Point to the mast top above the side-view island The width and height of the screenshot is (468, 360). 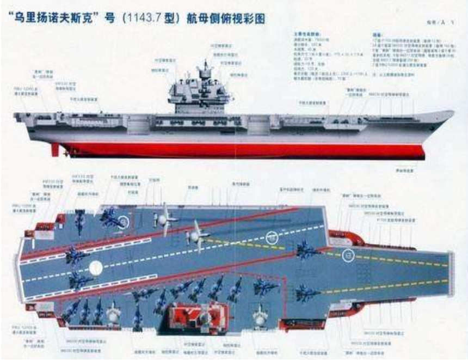[x=206, y=63]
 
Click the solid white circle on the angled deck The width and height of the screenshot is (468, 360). [x=96, y=267]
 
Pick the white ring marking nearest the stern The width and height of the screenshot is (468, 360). [x=123, y=222]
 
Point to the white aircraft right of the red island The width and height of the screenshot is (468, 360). [x=261, y=315]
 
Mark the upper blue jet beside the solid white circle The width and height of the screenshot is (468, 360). [x=76, y=254]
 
